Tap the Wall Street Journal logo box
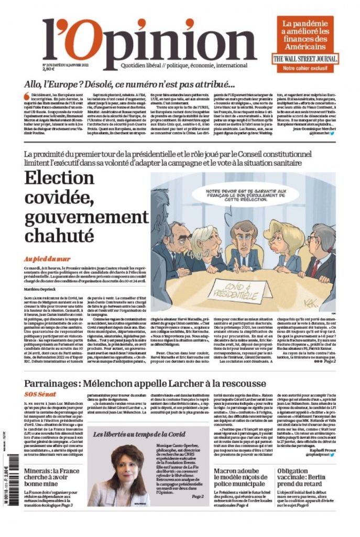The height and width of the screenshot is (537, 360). point(305,59)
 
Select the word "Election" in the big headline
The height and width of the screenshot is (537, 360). point(60,179)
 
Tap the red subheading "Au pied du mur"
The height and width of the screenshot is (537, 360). point(48,259)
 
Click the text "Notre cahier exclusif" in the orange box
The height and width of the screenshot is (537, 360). point(305,69)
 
